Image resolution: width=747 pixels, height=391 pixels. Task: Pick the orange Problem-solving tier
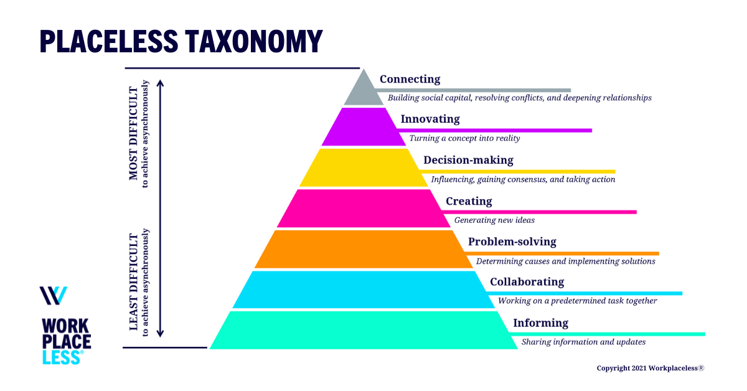coord(364,249)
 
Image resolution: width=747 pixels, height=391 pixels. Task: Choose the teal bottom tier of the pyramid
coord(364,330)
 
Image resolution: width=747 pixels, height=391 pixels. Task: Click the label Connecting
coord(410,79)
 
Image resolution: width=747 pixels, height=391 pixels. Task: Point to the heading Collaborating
coord(527,281)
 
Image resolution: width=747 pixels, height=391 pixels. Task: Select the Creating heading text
coord(469,201)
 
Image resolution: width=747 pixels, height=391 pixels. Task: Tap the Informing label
coord(540,323)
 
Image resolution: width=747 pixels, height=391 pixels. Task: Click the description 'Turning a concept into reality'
coord(464,138)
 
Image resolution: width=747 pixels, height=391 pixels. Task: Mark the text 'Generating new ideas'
coord(494,220)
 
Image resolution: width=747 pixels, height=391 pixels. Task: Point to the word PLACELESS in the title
coord(105,41)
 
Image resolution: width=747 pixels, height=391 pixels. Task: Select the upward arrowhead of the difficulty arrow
coord(160,83)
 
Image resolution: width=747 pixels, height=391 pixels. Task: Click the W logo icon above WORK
coord(54,296)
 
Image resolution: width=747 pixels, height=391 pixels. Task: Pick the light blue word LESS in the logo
coord(62,357)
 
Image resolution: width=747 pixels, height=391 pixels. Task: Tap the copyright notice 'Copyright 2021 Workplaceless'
coord(650,368)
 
